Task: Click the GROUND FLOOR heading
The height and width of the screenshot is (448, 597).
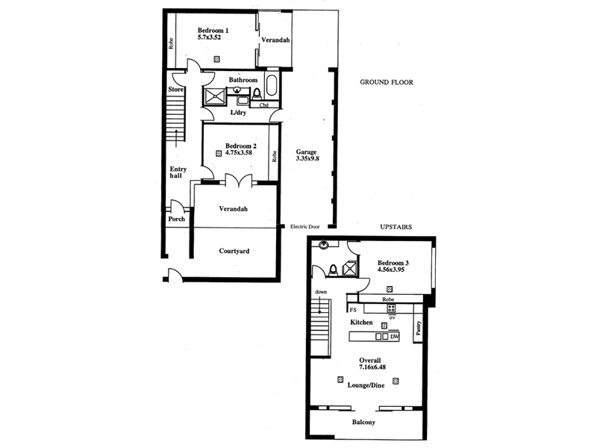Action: [x=386, y=82]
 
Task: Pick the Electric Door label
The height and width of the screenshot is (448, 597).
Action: [x=305, y=226]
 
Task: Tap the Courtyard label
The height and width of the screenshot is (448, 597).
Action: [x=234, y=252]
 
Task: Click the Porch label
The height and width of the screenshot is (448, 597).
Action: [x=176, y=219]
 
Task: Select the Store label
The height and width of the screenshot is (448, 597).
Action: [x=175, y=90]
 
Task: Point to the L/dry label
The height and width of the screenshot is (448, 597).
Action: [x=238, y=113]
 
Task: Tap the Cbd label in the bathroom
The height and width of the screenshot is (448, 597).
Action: [x=264, y=105]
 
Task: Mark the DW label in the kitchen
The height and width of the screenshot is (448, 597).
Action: [x=395, y=337]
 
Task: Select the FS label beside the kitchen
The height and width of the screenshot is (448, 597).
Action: [x=352, y=308]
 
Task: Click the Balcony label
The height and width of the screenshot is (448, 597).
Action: [x=363, y=423]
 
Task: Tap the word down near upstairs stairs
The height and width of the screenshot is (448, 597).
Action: [x=321, y=292]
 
